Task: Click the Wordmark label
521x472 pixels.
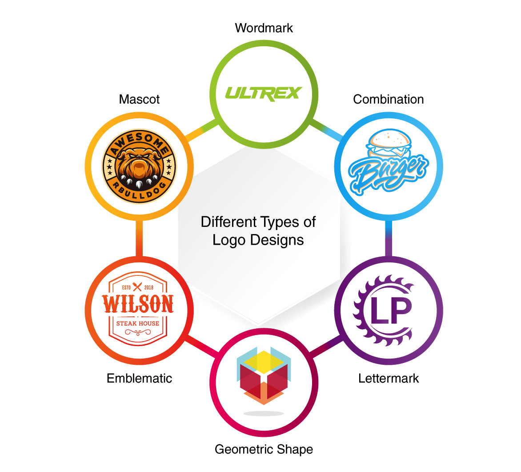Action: tap(264, 28)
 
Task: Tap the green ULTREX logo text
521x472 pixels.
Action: tap(264, 93)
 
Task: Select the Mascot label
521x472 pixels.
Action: tap(139, 99)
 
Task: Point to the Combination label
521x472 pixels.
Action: tap(389, 99)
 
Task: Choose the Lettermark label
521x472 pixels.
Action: tap(389, 378)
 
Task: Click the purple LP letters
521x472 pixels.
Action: tap(390, 311)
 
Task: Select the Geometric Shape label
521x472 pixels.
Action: tap(264, 449)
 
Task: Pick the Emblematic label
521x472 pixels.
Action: tap(139, 378)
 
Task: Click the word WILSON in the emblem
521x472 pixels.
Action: tap(138, 304)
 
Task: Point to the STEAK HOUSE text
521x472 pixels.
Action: tap(137, 323)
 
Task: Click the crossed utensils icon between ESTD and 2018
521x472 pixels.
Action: tap(137, 287)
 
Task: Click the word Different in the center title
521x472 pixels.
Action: tap(229, 222)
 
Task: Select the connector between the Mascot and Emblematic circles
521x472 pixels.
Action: tap(140, 238)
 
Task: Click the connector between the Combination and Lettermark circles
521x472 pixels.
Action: tap(389, 238)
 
